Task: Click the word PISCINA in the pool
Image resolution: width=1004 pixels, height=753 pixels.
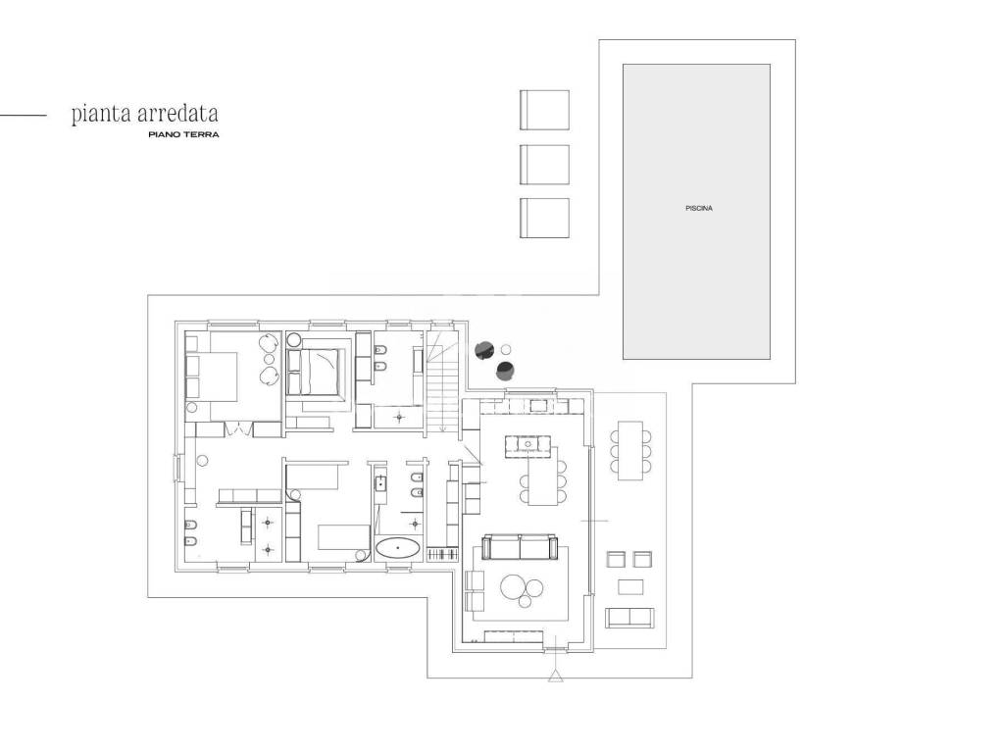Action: pos(698,208)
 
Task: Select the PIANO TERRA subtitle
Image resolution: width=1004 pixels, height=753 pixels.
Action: pos(183,134)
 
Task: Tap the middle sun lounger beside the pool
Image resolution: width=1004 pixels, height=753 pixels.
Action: pos(544,165)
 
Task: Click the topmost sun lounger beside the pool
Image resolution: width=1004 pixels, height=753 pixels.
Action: pos(544,110)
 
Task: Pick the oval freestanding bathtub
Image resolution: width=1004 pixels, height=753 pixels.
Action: pos(398,548)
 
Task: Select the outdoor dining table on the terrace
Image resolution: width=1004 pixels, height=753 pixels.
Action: pos(630,450)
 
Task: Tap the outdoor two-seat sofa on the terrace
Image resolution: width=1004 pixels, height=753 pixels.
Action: pos(629,618)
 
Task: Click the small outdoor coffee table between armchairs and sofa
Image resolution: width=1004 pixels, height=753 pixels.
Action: pos(630,586)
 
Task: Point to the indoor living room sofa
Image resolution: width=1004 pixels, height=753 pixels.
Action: pos(520,547)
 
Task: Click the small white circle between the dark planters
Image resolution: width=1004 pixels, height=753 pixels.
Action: pos(506,350)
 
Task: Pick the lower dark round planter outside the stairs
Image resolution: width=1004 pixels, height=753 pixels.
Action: pos(505,370)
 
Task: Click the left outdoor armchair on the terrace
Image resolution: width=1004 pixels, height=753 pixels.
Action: pos(616,559)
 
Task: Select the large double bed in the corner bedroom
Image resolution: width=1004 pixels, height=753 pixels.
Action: pos(212,376)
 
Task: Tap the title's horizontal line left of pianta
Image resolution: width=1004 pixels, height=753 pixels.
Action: pos(24,116)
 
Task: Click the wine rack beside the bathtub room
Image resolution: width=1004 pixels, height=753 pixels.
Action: pos(444,553)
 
